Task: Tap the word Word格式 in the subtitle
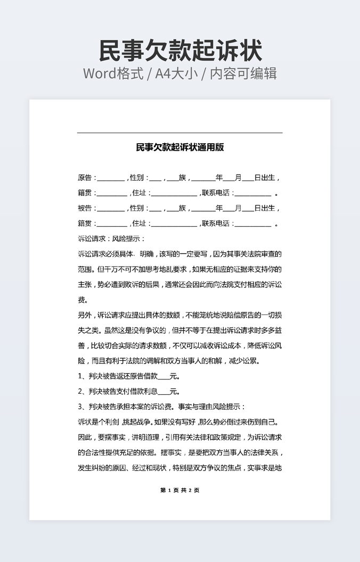tap(113, 73)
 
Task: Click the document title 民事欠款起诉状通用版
tap(180, 147)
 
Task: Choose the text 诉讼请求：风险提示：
tap(111, 239)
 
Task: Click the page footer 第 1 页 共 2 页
tap(179, 490)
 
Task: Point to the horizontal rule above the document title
tap(179, 133)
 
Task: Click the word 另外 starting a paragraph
tap(85, 315)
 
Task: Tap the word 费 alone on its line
tap(81, 300)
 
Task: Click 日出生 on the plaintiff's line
tap(265, 178)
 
